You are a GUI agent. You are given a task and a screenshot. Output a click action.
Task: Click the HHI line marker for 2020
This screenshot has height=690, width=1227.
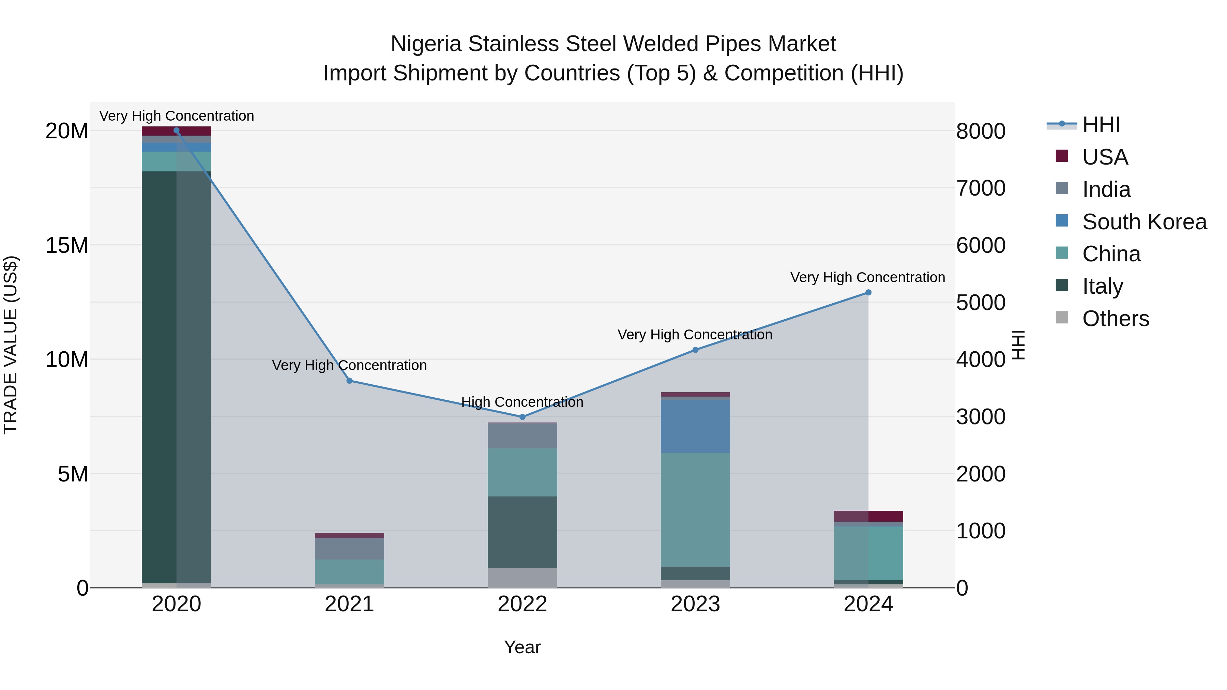[x=176, y=131]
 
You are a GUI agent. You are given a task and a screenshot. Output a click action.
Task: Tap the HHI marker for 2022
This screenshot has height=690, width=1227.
[x=522, y=417]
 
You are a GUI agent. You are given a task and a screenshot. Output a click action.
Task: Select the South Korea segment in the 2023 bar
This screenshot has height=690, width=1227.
[x=695, y=426]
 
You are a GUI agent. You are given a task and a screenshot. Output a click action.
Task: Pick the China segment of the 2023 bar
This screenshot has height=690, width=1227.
[x=695, y=509]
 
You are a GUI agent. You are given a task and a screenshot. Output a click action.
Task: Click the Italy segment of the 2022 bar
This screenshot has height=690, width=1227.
[x=522, y=532]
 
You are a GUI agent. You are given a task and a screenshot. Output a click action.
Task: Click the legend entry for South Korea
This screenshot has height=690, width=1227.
[x=1144, y=222]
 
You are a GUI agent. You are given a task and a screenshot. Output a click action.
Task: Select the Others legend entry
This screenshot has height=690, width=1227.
[x=1115, y=319]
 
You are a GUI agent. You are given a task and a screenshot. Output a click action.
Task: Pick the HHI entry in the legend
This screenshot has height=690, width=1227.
[x=1101, y=125]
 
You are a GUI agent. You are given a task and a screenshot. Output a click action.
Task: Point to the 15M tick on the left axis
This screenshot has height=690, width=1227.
[x=67, y=246]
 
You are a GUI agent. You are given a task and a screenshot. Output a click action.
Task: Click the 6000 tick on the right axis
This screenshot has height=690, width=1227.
[x=980, y=246]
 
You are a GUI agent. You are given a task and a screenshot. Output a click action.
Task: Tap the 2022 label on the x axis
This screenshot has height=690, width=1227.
[x=522, y=605]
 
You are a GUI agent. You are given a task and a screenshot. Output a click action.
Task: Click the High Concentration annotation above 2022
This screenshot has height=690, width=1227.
[x=522, y=402]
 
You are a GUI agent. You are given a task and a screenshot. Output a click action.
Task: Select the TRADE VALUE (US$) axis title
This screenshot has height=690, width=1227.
[x=11, y=345]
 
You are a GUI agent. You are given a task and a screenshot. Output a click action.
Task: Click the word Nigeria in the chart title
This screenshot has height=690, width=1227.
[x=426, y=44]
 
